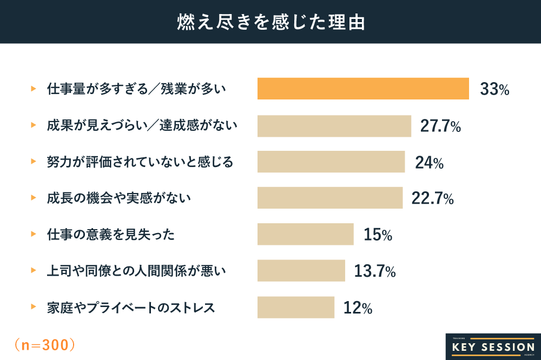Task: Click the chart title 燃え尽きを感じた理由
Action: pos(270,22)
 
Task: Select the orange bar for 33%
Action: pos(363,89)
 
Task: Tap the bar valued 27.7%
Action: pos(334,125)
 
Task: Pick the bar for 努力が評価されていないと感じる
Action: pos(331,162)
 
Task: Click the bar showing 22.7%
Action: pos(330,198)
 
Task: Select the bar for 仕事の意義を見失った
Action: pos(305,234)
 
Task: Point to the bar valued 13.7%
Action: pos(301,270)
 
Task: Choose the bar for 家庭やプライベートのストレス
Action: pos(296,307)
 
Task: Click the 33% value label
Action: pos(494,90)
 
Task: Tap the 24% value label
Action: pos(430,162)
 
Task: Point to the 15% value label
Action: pos(378,235)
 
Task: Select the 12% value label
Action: pos(358,308)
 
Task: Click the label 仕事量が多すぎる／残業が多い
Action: pos(136,89)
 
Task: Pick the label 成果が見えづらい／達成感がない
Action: pos(142,125)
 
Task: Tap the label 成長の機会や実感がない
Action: pos(119,198)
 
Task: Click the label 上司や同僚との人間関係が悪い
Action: pos(136,270)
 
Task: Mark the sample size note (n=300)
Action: pos(44,344)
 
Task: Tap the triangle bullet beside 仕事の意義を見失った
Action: pos(34,234)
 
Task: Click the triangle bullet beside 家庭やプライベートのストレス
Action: pos(34,307)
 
